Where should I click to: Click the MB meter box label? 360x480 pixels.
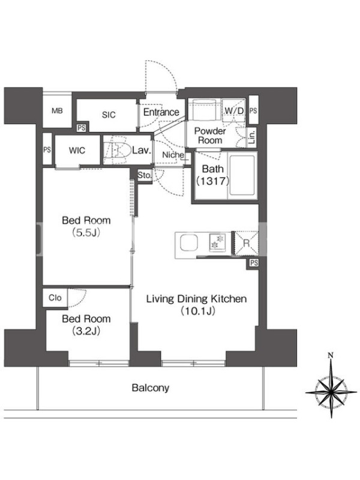[x=57, y=110]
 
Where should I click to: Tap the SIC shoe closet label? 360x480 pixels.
[x=109, y=115]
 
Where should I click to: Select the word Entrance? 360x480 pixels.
[x=161, y=112]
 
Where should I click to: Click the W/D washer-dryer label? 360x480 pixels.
[x=234, y=111]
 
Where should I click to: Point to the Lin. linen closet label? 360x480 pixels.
[x=252, y=137]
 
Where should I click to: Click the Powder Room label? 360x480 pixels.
[x=210, y=136]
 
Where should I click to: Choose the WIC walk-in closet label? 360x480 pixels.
[x=77, y=151]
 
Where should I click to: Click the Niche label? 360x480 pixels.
[x=173, y=155]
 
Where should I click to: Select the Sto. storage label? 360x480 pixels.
[x=145, y=175]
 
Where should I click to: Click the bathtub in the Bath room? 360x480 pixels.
[x=242, y=175]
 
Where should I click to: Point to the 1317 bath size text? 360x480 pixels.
[x=212, y=181]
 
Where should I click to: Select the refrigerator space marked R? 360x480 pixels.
[x=246, y=244]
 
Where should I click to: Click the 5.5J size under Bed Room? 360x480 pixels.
[x=86, y=233]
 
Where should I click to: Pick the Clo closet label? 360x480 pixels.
[x=55, y=298]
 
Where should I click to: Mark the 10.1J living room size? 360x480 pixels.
[x=197, y=311]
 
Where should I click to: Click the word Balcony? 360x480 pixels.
[x=151, y=388]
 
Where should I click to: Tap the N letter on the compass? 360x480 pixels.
[x=331, y=355]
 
